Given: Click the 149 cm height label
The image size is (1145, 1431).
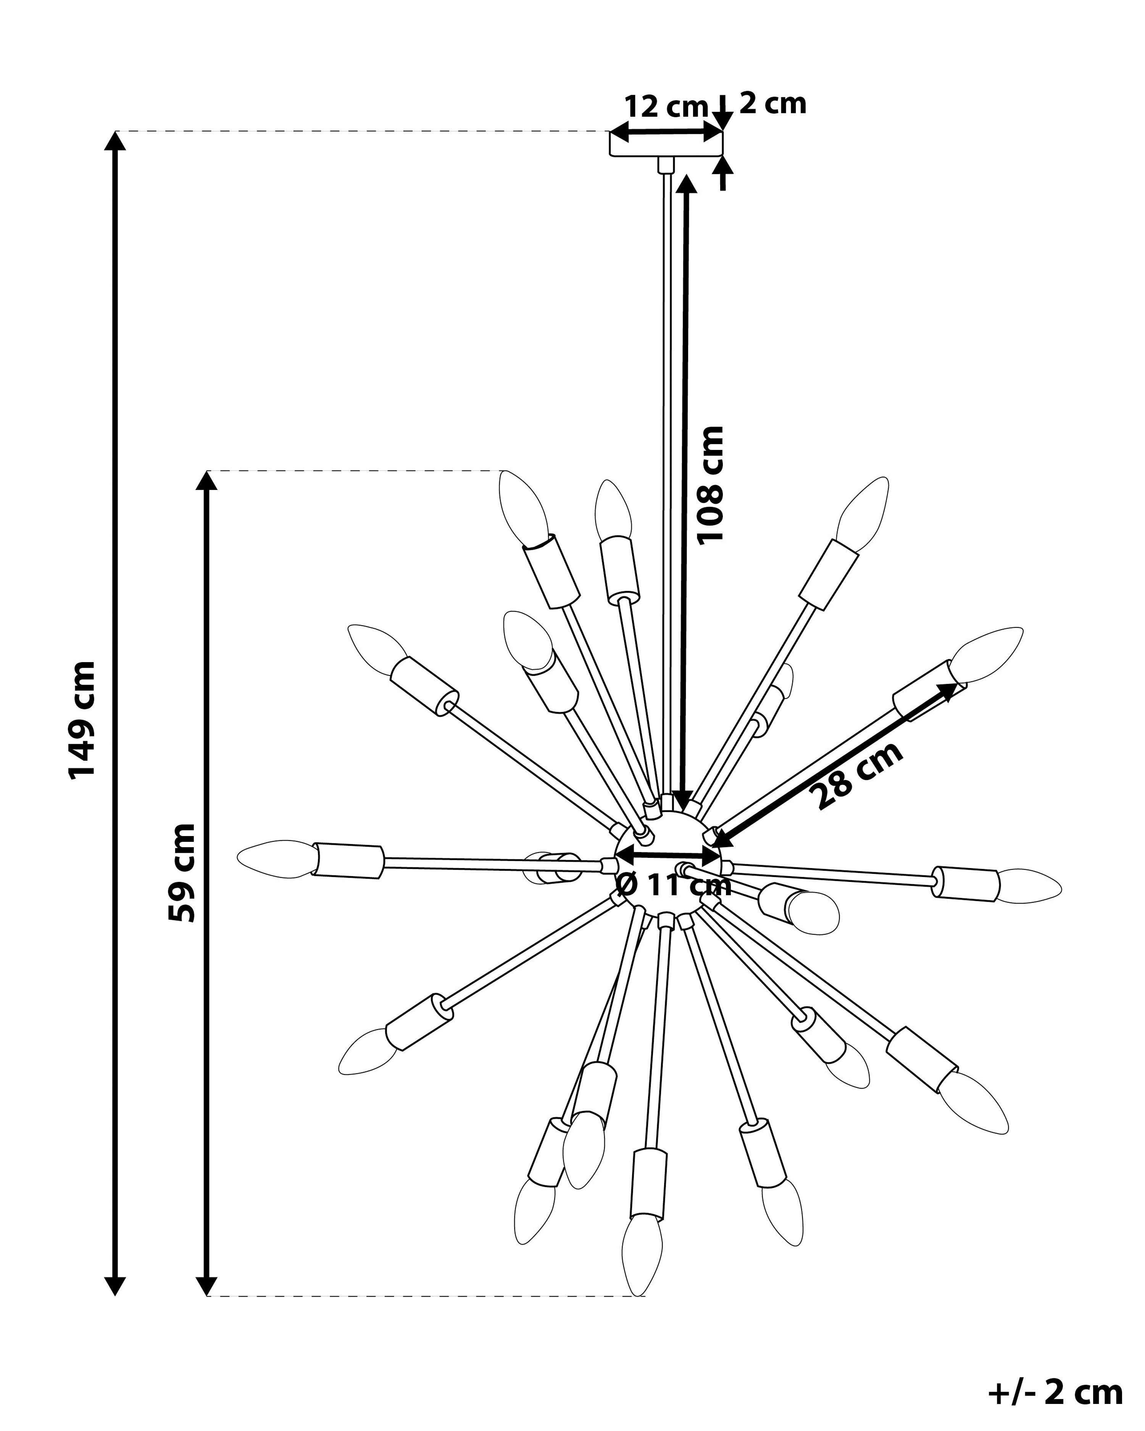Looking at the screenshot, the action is click(x=82, y=719).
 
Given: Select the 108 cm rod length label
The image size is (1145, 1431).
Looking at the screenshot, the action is click(x=709, y=485).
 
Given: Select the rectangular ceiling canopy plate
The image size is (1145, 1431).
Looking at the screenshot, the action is click(x=666, y=145).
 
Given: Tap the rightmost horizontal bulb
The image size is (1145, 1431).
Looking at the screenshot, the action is click(x=1029, y=886).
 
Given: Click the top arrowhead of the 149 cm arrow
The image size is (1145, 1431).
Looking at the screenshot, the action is click(x=116, y=141).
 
